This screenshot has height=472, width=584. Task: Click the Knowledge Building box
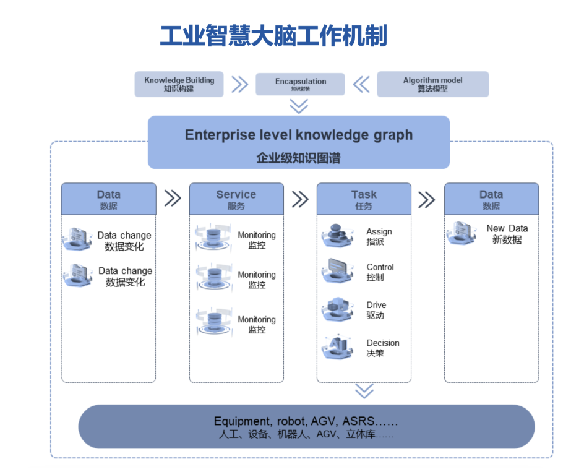coord(179,84)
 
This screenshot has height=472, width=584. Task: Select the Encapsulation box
coord(300,84)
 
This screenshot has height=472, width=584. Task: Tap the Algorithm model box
coord(432,84)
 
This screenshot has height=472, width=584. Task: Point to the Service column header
coord(236,199)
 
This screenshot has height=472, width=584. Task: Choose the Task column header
coord(364,199)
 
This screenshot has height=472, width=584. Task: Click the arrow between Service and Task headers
coord(300,199)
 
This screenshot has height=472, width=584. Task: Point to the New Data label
coord(507,234)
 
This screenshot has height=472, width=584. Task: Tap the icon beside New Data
coord(463,233)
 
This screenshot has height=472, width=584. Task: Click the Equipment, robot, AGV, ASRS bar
coord(306,427)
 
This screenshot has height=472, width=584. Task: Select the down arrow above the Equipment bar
coord(364,391)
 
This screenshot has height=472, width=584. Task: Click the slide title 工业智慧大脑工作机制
coord(273,36)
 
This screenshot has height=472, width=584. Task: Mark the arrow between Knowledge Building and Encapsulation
coord(239,84)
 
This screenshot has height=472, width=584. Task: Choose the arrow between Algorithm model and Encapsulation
coord(361,84)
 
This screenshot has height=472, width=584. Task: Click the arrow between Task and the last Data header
coord(427,199)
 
